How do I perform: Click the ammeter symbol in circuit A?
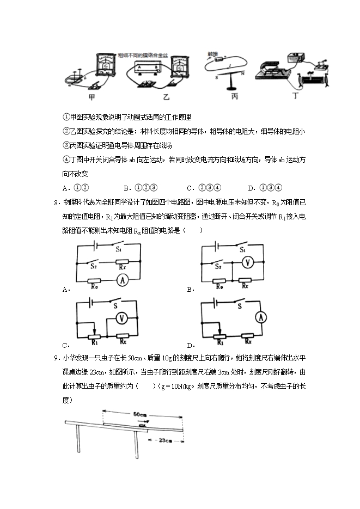(x=123, y=280)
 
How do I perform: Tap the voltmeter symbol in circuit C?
(x=123, y=317)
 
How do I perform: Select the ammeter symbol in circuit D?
(x=261, y=317)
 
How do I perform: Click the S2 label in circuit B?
(x=217, y=267)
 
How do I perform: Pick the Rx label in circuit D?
(x=247, y=341)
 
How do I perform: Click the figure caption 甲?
(x=93, y=98)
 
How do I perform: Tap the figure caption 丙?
(x=235, y=98)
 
